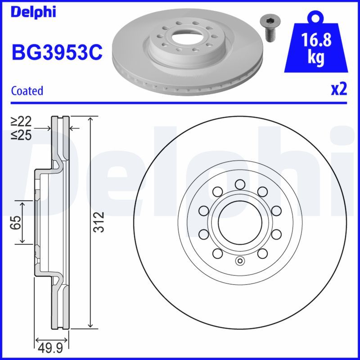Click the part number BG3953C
pyautogui.click(x=57, y=53)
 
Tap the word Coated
pyautogui.click(x=27, y=90)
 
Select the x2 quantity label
pyautogui.click(x=338, y=89)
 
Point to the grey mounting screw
pyautogui.click(x=269, y=27)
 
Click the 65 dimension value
pyautogui.click(x=16, y=222)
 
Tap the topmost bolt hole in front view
pyautogui.click(x=239, y=184)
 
